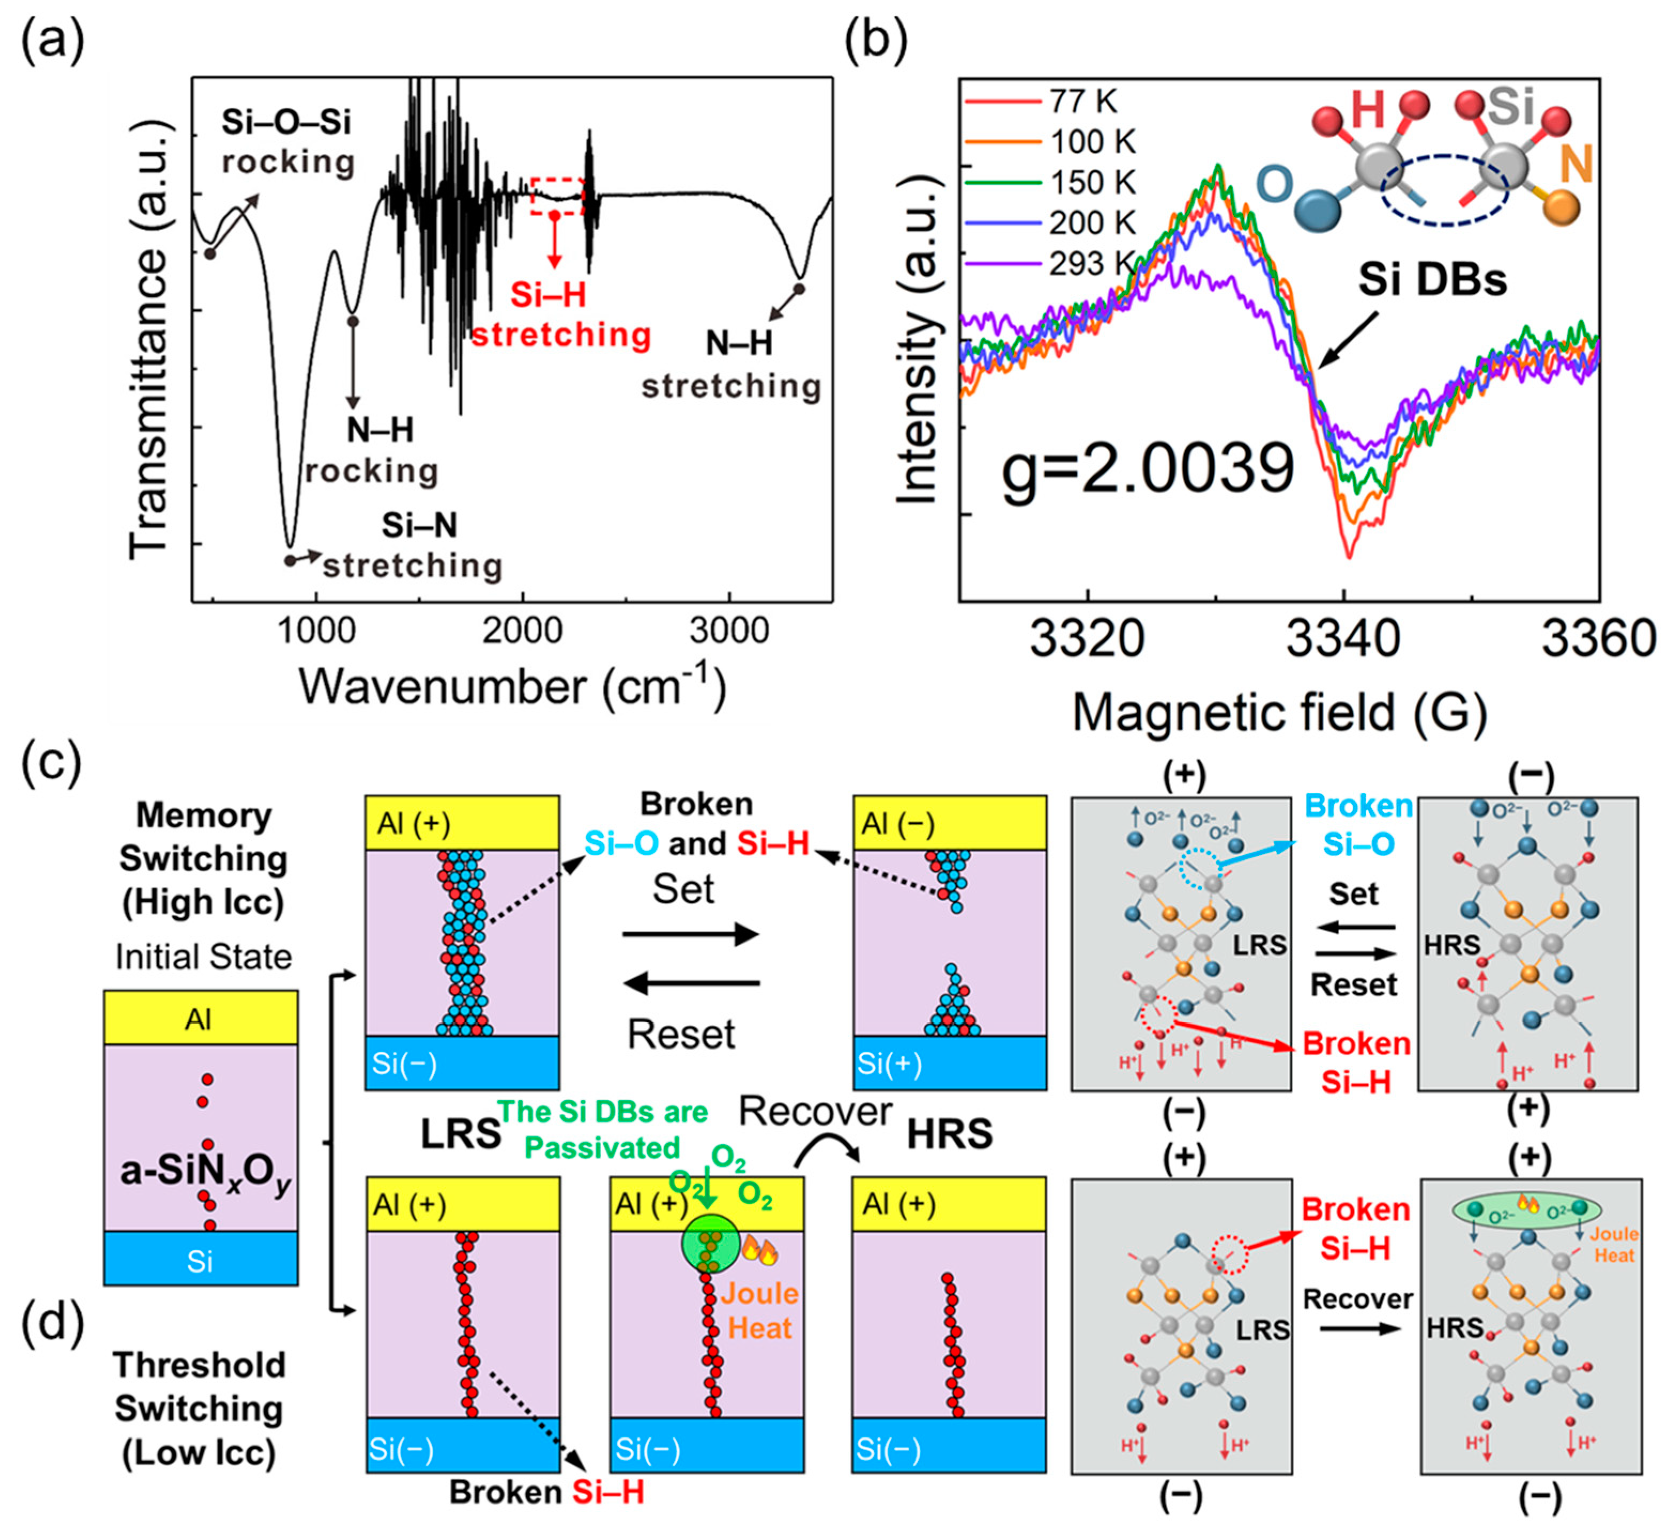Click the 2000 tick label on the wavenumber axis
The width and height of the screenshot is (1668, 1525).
pyautogui.click(x=523, y=632)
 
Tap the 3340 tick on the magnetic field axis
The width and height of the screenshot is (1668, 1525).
pyautogui.click(x=1344, y=640)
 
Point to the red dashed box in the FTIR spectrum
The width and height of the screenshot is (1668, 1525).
pyautogui.click(x=557, y=196)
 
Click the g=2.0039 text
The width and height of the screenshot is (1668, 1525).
pyautogui.click(x=1148, y=469)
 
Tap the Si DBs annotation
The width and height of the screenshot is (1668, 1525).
pyautogui.click(x=1432, y=281)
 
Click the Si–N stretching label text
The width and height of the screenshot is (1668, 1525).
pyautogui.click(x=414, y=546)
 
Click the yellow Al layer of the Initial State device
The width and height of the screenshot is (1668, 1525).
pyautogui.click(x=200, y=1018)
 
